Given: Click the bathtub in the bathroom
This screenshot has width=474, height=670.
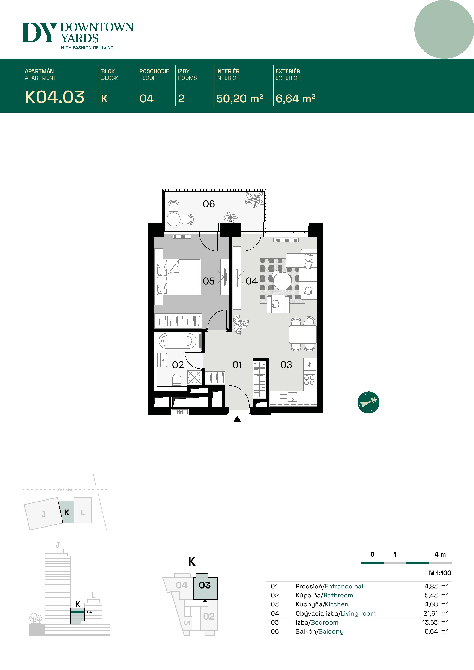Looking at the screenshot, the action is (x=178, y=341).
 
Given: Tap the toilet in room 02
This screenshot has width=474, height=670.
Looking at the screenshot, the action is (x=177, y=380).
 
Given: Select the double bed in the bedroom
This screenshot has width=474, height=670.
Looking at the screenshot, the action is (x=179, y=277).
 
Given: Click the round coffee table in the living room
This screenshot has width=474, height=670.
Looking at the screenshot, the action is (x=282, y=281).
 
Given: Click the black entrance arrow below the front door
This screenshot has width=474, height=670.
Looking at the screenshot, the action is (x=237, y=419).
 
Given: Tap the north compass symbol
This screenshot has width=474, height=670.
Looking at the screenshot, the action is (x=368, y=402).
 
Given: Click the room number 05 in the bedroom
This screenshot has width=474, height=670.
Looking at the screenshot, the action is (x=209, y=281).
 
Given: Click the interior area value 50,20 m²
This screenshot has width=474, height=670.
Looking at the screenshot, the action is (x=239, y=99).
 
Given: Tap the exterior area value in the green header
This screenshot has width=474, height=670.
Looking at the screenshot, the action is (x=295, y=99).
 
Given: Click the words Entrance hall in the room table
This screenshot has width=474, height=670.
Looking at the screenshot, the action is (x=345, y=586).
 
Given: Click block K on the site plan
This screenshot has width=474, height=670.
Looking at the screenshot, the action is (x=67, y=512).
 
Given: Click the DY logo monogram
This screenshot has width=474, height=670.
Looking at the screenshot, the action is (x=39, y=32).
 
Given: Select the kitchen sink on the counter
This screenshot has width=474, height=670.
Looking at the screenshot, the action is (x=293, y=397).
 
